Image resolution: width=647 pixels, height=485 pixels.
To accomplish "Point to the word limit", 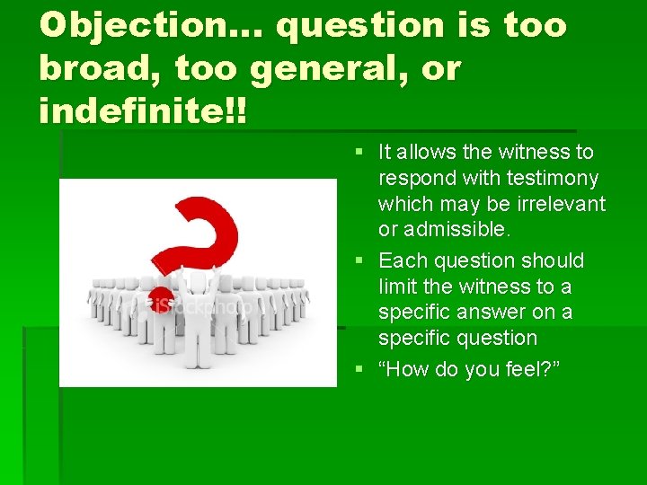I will tap(398, 287).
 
